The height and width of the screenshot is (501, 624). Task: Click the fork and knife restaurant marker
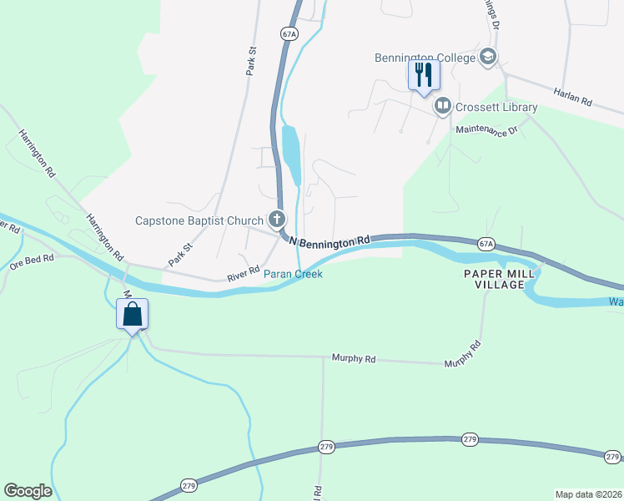click(x=423, y=75)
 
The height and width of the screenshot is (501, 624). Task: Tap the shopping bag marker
click(x=132, y=315)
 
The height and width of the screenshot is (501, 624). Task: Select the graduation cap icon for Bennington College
click(x=489, y=57)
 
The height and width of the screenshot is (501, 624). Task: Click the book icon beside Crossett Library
click(x=442, y=106)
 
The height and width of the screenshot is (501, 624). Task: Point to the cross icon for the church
click(x=277, y=220)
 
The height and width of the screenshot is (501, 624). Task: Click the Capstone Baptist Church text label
click(x=199, y=220)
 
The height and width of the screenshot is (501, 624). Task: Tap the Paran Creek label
click(x=293, y=273)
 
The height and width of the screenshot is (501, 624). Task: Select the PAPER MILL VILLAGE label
click(x=495, y=279)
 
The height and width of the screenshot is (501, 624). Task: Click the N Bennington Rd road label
click(x=329, y=240)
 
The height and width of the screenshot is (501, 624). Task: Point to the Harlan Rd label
click(x=573, y=99)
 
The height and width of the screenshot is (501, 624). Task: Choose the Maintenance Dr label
click(x=486, y=129)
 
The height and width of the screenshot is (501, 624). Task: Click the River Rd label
click(x=244, y=273)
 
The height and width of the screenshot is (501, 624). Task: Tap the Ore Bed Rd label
click(x=32, y=259)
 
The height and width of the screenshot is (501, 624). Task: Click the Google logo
click(x=28, y=491)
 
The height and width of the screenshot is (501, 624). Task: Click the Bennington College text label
click(x=426, y=58)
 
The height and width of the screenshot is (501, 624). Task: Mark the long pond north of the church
click(x=292, y=155)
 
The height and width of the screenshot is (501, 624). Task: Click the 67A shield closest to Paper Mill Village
click(x=487, y=244)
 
